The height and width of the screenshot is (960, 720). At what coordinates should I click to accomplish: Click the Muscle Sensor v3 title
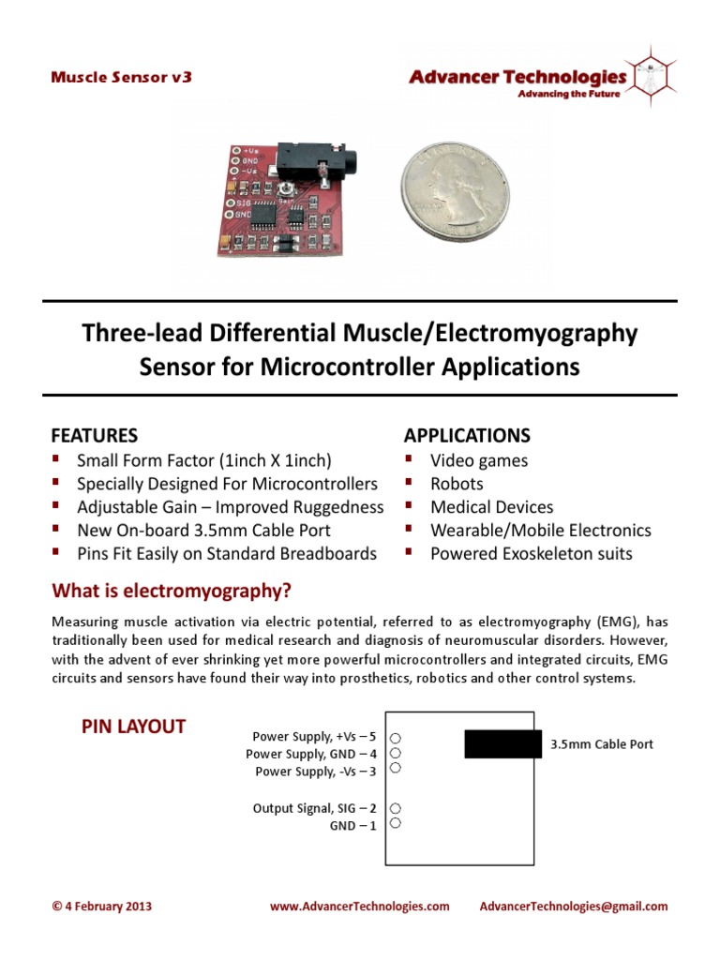pyautogui.click(x=121, y=78)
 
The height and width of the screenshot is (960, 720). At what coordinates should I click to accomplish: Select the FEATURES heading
pyautogui.click(x=94, y=436)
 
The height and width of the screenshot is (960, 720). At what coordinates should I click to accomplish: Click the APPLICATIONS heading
pyautogui.click(x=467, y=436)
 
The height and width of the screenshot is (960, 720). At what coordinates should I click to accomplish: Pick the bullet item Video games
pyautogui.click(x=478, y=460)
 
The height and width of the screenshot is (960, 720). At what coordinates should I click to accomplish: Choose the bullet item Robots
pyautogui.click(x=457, y=484)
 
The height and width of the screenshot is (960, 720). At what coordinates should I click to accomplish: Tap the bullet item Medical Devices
pyautogui.click(x=491, y=507)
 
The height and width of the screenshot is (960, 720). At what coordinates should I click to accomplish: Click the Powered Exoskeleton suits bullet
pyautogui.click(x=531, y=554)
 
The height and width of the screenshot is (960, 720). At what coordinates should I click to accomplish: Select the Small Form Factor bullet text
pyautogui.click(x=204, y=460)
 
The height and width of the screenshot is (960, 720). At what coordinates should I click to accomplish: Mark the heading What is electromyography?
pyautogui.click(x=172, y=591)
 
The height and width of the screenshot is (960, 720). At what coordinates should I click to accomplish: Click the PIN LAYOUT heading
pyautogui.click(x=133, y=727)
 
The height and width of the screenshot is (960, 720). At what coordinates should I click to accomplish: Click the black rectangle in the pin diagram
pyautogui.click(x=502, y=743)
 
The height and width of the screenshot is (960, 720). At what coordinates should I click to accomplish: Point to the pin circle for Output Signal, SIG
pyautogui.click(x=396, y=808)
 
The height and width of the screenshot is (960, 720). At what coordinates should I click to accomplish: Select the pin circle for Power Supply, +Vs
pyautogui.click(x=396, y=737)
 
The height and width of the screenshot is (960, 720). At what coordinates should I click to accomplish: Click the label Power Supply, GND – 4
pyautogui.click(x=311, y=754)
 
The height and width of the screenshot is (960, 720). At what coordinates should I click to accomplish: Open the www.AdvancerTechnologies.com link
pyautogui.click(x=359, y=907)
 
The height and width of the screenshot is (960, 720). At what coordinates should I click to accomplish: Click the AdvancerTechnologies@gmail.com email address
pyautogui.click(x=574, y=907)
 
